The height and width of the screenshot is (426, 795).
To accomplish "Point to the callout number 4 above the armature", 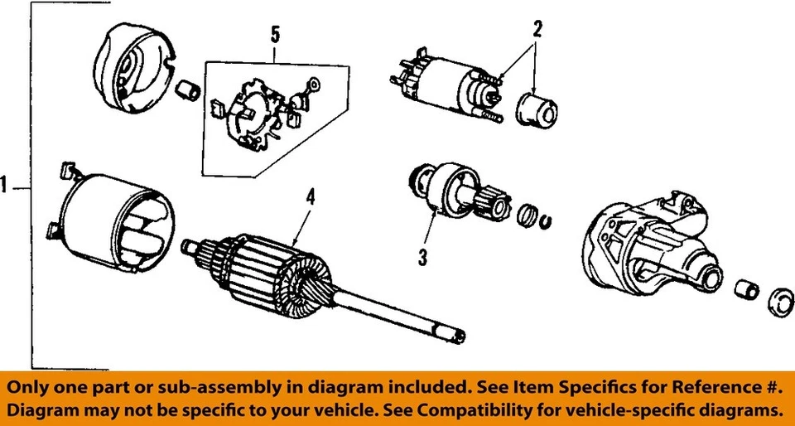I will point(310,197).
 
